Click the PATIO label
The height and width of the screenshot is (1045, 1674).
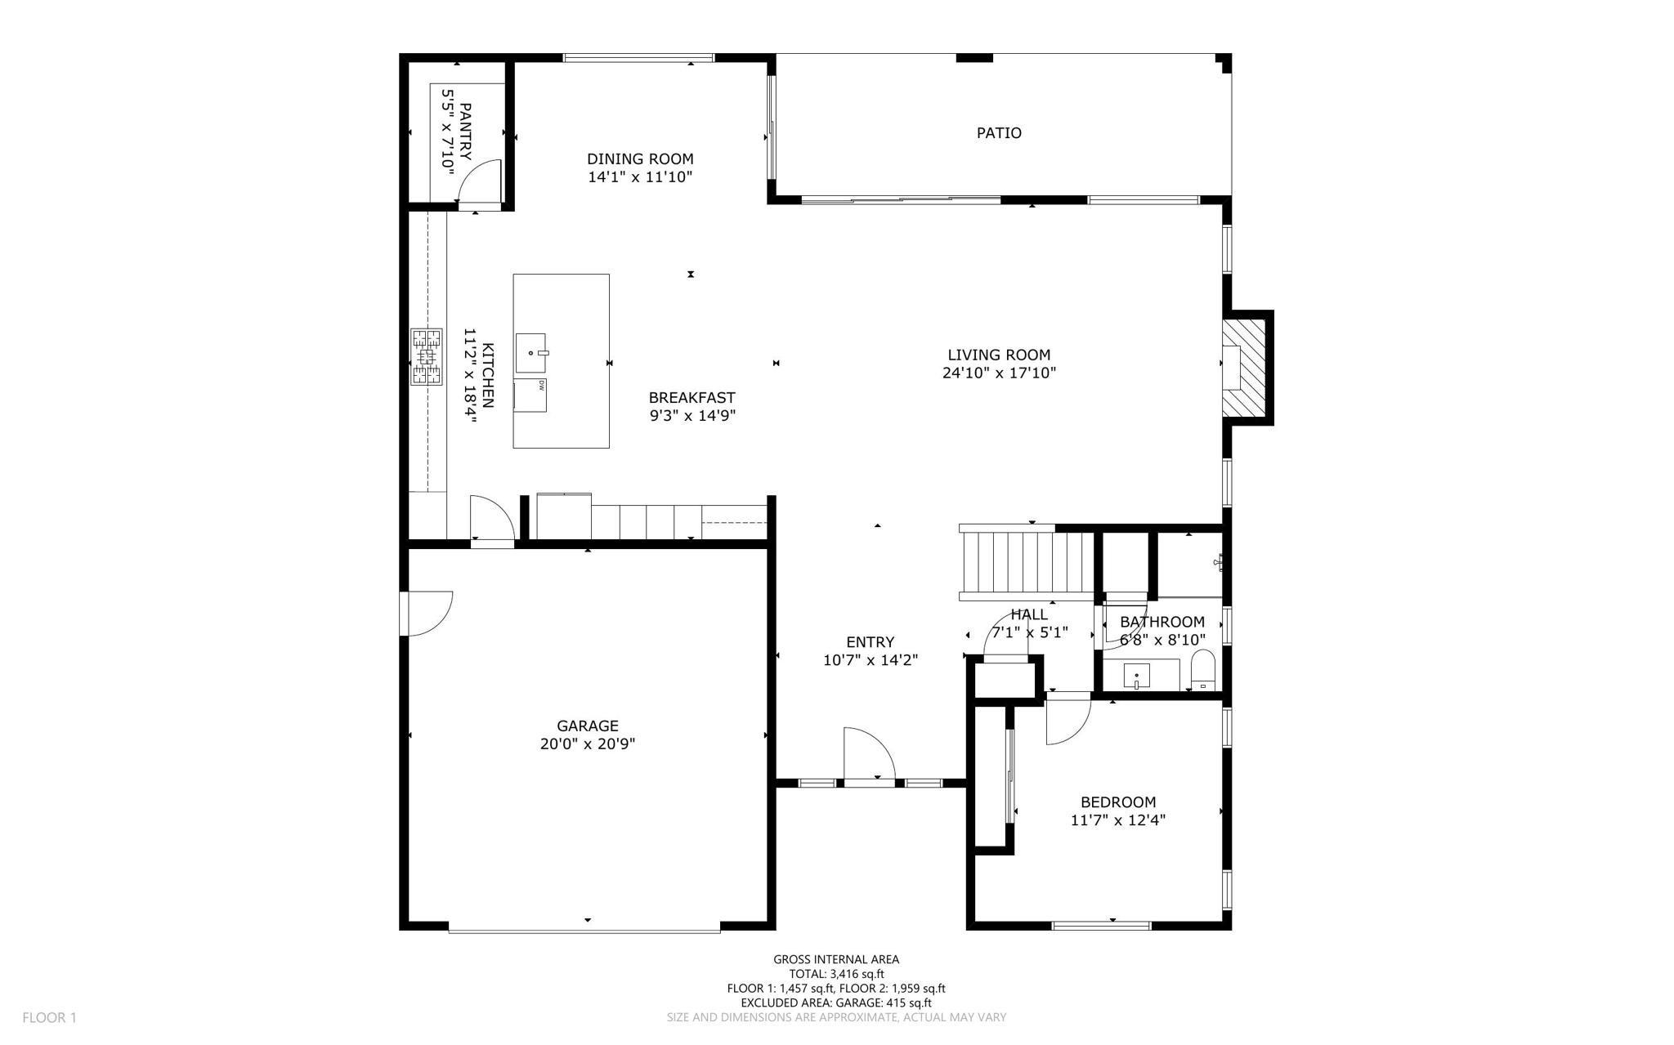(999, 132)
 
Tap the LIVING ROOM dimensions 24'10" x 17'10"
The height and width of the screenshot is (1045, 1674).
(999, 373)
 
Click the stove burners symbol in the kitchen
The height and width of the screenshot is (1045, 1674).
(426, 356)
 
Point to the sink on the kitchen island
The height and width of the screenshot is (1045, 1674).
(530, 353)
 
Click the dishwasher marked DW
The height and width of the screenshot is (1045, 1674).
(530, 395)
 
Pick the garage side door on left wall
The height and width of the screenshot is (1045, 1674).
(427, 613)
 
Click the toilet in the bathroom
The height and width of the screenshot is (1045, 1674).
(1202, 671)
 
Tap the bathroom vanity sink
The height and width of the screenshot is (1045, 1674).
(1136, 676)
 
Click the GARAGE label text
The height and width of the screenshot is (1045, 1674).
(588, 726)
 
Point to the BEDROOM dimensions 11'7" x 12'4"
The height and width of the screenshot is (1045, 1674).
(1117, 820)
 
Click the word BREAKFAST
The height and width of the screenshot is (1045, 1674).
(692, 398)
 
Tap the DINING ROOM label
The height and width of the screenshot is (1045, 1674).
(640, 159)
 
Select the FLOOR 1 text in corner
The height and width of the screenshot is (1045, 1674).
(49, 1017)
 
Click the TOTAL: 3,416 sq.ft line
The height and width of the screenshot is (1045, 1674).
(836, 974)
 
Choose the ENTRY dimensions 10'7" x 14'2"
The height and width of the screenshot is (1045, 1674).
(870, 660)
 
